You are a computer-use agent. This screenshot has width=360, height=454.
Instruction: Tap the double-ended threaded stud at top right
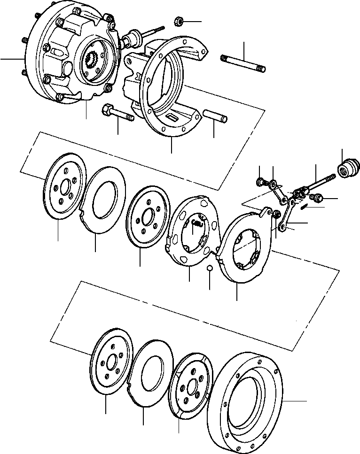coord(243,64)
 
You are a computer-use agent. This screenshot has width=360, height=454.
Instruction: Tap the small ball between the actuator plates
coord(210,268)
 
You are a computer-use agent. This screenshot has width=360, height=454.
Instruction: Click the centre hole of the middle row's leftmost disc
coord(64,184)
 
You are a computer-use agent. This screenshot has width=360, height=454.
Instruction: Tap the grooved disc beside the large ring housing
coord(190,385)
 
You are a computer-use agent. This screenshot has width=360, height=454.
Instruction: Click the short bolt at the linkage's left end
coord(260,182)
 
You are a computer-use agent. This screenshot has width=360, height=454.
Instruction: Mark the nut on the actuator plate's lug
coord(276,214)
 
